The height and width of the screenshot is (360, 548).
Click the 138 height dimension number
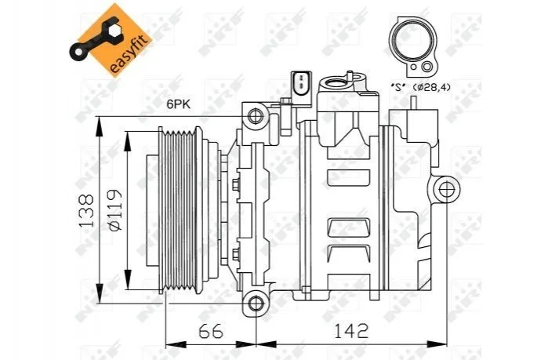(87, 210)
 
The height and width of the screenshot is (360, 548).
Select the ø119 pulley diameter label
(115, 210)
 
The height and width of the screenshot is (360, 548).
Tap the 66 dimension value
(211, 331)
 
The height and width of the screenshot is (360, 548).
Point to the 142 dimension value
(351, 331)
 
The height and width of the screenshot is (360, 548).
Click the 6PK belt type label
(179, 104)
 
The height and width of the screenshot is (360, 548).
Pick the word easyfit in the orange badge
(129, 56)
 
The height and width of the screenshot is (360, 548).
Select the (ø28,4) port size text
(432, 87)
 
